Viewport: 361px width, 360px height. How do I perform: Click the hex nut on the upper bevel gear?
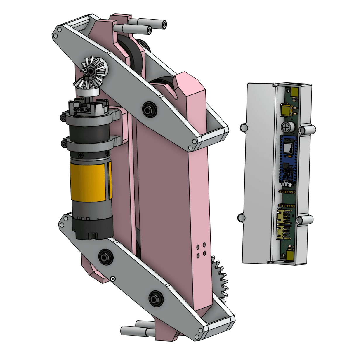90,70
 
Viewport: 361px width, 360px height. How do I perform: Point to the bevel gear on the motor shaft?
87,83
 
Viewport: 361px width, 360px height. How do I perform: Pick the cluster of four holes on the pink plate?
201,250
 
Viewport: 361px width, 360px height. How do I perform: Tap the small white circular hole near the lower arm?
112,279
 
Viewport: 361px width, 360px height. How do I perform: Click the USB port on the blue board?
287,184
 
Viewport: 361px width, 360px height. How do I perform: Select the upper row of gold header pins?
287,192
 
